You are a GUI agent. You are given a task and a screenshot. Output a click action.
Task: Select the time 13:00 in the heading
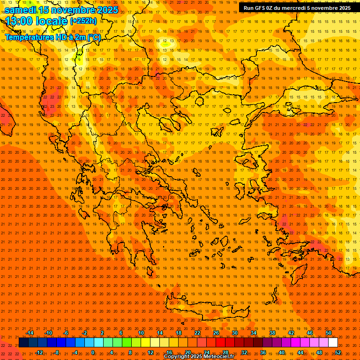[20, 21]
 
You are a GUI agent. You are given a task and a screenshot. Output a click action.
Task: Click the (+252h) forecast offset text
[83, 21]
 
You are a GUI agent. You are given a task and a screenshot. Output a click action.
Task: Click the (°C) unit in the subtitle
[93, 37]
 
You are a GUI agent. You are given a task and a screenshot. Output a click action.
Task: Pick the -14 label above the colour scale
[30, 333]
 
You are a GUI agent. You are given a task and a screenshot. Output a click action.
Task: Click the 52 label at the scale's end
[338, 352]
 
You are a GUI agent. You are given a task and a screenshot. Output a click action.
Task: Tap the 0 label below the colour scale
[93, 352]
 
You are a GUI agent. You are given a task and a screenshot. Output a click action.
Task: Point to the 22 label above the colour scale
[197, 333]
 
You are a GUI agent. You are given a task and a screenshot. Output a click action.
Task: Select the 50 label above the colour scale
[329, 333]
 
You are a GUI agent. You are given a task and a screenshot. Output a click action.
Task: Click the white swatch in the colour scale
[333, 343]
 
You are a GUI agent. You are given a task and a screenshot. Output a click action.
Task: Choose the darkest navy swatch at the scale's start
[24, 343]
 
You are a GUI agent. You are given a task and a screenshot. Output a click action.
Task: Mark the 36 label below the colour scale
[263, 352]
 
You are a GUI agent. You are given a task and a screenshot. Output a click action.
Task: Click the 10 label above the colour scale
[141, 333]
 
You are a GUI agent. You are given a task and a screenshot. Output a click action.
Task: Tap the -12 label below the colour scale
[39, 352]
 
